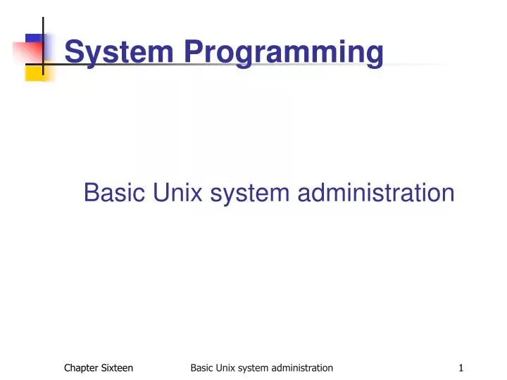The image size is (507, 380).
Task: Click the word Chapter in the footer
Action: click(81, 367)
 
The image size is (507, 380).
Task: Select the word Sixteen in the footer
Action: click(117, 367)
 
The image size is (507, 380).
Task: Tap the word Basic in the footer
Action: click(202, 367)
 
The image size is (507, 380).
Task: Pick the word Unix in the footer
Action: click(228, 367)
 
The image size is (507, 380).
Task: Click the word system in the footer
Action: click(258, 368)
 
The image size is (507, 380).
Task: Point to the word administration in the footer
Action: click(305, 367)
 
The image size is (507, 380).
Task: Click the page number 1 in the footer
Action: click(461, 367)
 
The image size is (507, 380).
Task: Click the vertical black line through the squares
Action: click(43, 28)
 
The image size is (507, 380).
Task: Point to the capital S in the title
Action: click(73, 52)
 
